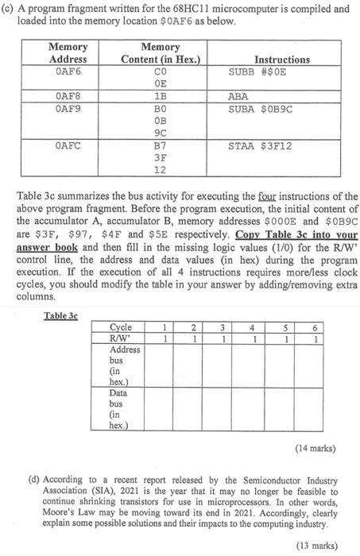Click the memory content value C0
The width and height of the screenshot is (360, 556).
coord(160,71)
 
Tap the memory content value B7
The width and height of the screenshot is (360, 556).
coord(160,145)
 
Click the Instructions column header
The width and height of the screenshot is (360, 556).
coord(281,59)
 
